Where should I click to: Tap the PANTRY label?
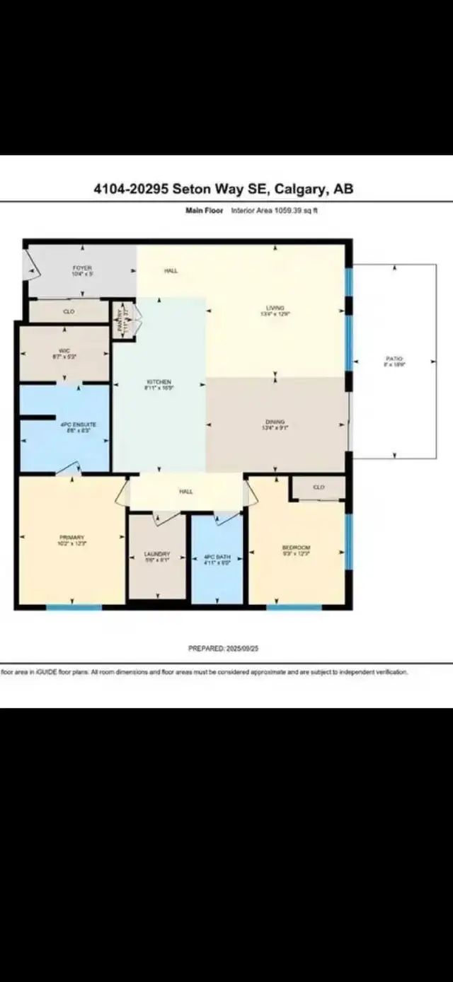pos(121,320)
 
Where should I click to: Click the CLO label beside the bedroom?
pos(319,487)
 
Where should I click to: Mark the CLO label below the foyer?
pos(69,311)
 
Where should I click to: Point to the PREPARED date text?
pos(223,648)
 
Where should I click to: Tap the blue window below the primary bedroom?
pos(74,607)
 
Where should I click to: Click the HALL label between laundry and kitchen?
pos(186,492)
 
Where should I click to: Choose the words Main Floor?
pos(204,211)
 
